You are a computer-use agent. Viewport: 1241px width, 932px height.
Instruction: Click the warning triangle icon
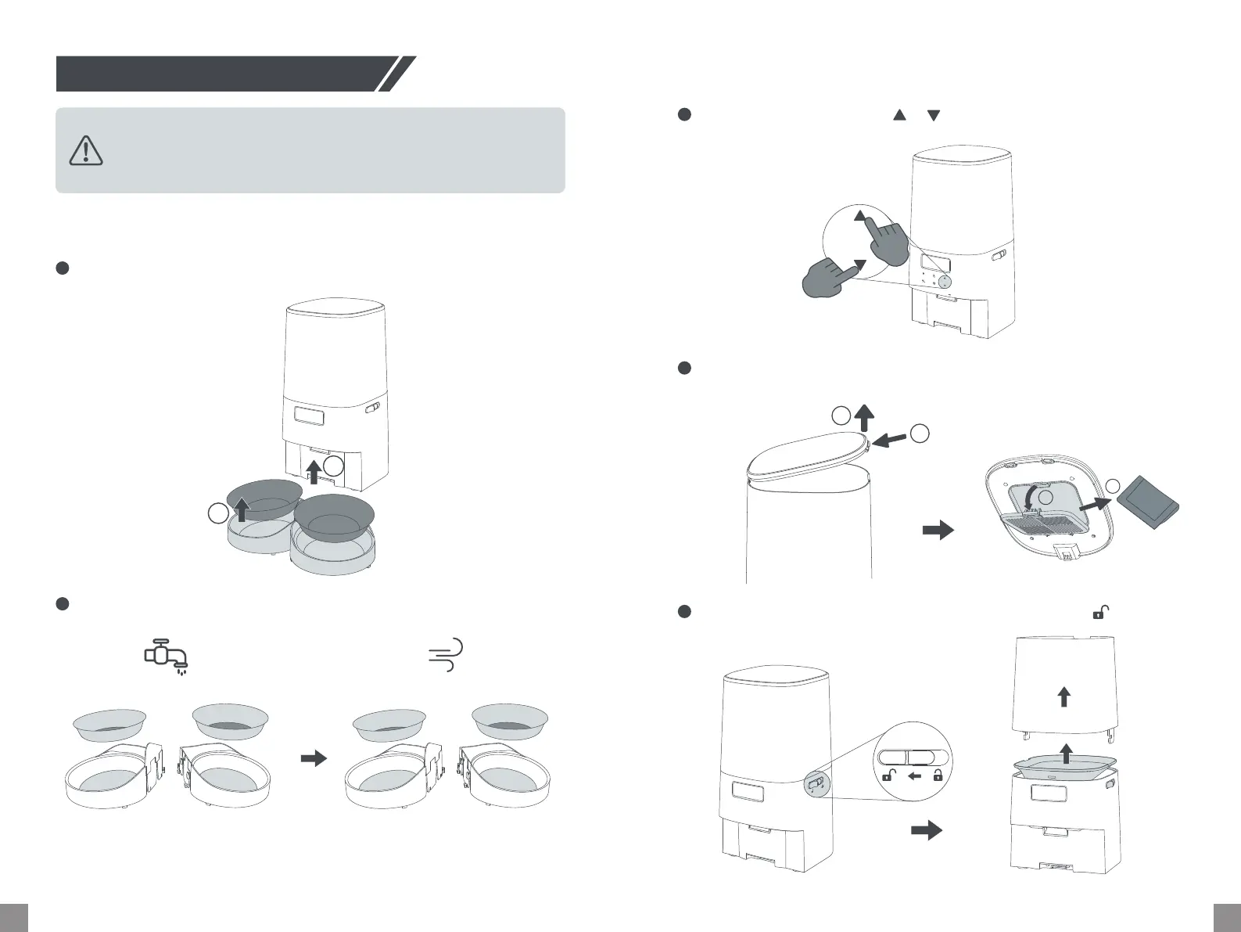coord(86,150)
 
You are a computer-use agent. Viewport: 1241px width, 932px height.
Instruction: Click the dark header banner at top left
coord(227,74)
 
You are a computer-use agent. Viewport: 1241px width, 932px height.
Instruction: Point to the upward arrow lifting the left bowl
coord(242,509)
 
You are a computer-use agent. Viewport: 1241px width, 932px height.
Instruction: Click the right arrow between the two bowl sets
coord(314,758)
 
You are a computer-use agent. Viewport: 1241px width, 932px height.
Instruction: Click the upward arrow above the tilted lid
coord(865,416)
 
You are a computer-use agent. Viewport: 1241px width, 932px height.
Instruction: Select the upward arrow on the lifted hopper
coord(1063,696)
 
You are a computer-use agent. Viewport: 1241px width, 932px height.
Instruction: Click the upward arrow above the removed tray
coord(1065,753)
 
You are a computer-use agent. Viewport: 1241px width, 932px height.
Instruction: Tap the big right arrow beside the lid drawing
coord(938,530)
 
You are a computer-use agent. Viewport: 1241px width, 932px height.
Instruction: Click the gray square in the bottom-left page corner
coord(13,917)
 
